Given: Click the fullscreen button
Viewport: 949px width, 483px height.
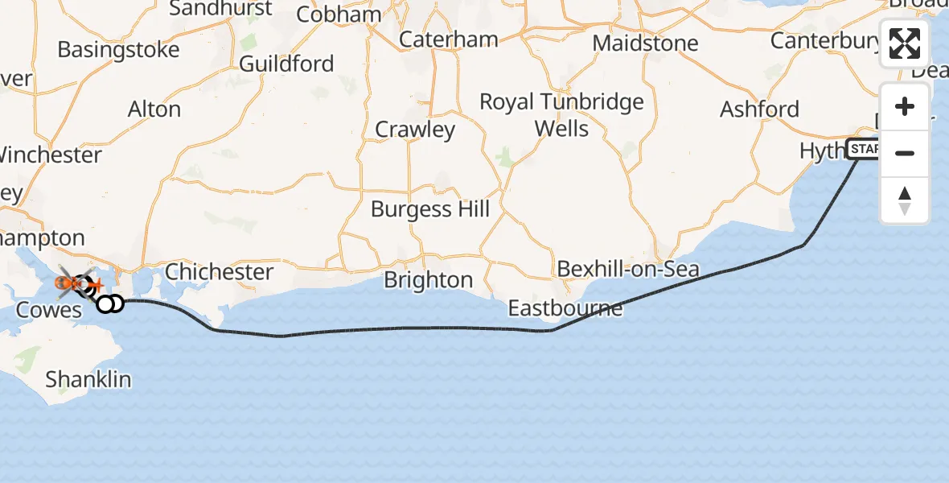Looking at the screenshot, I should (905, 43).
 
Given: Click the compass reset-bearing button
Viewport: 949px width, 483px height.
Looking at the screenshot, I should (905, 200).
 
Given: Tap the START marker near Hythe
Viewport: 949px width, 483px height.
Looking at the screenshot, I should (864, 149).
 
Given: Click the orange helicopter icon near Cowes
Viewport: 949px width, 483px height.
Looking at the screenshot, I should (67, 283).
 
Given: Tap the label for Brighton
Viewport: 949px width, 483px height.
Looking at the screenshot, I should (428, 280).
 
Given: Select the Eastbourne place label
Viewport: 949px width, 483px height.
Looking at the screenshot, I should (565, 308).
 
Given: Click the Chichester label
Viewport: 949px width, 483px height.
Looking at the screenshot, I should (219, 272).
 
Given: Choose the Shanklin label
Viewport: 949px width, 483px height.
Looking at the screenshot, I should (88, 379).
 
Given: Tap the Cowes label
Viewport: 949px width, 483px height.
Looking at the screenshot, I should (50, 311).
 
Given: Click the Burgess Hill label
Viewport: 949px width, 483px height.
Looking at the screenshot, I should (430, 209).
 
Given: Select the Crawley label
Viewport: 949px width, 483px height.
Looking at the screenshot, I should (415, 130).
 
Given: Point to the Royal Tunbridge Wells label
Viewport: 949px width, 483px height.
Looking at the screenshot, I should (561, 115).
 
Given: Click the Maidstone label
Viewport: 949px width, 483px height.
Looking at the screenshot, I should (646, 43).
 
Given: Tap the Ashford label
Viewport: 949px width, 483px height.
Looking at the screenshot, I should (759, 109).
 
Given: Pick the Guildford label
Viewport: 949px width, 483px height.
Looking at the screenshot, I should (286, 64).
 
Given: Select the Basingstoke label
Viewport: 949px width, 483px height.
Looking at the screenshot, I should (118, 50).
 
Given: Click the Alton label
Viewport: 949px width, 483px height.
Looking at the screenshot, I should (154, 109).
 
